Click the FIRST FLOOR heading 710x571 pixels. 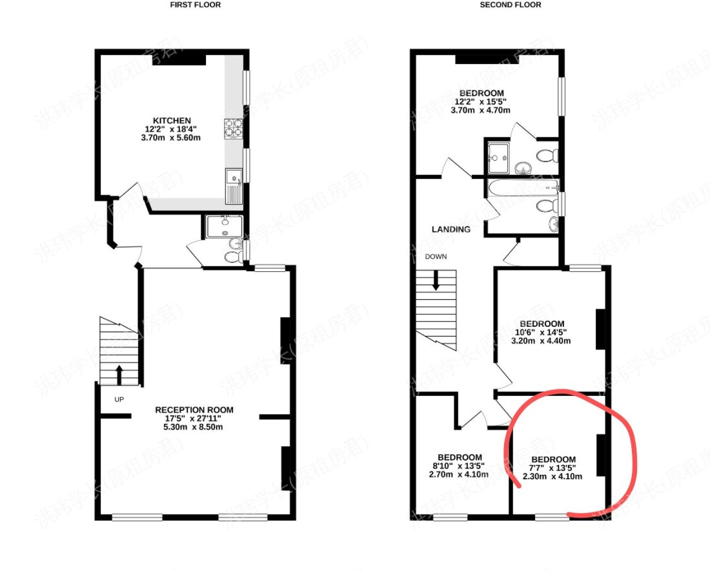coord(196,5)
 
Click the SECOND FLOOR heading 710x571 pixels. coord(511,5)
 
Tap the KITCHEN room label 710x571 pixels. coord(172,121)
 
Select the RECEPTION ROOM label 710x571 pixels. coord(194,410)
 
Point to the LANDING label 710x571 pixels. coord(451,229)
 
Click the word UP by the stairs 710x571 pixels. coord(119,399)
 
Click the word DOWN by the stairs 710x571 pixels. coord(436,256)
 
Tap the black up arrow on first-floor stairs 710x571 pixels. coord(119,375)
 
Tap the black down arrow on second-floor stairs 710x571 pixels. coord(436,280)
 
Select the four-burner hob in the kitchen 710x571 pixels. coord(233,129)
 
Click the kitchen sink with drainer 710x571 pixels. coord(234,186)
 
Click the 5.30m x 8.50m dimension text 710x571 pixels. coord(193,427)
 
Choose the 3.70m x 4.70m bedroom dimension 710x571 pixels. coord(480,110)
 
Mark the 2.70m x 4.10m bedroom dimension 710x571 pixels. coord(459,475)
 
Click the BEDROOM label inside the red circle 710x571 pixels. coord(553,459)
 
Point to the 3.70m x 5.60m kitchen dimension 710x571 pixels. coord(170,138)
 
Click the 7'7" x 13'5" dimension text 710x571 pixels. coord(553,468)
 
